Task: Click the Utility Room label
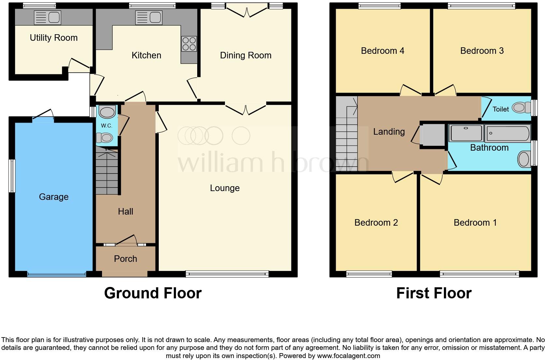[x=54, y=38]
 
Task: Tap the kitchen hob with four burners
[x=189, y=44]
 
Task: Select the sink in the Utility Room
[x=48, y=17]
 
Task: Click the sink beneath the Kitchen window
[x=149, y=17]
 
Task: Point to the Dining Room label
[x=245, y=55]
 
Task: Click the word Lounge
[x=225, y=188]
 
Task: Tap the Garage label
[x=54, y=197]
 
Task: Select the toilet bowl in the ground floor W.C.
[x=106, y=138]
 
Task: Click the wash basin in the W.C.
[x=107, y=112]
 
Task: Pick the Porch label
[x=125, y=259]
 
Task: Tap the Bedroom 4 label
[x=382, y=51]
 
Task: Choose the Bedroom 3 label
[x=482, y=51]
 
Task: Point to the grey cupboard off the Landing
[x=433, y=135]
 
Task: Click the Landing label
[x=389, y=132]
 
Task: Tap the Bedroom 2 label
[x=376, y=223]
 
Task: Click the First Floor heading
[x=434, y=293]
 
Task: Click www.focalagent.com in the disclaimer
[x=348, y=356]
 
